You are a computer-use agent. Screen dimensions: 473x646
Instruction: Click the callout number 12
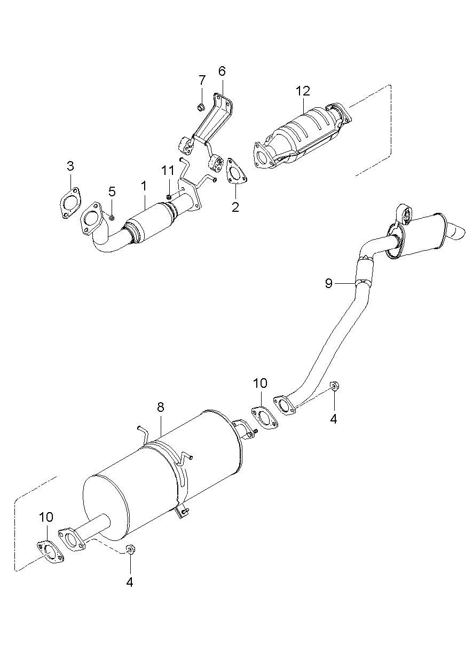coord(303,91)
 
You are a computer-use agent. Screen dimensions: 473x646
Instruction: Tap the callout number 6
coord(222,71)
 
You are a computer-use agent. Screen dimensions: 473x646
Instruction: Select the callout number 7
coord(202,80)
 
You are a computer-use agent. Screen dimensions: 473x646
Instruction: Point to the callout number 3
coord(70,166)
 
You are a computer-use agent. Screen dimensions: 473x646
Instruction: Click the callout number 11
coord(168,171)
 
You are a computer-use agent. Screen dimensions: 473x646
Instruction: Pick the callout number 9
coord(329,283)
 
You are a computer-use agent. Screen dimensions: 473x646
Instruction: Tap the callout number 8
coord(161,407)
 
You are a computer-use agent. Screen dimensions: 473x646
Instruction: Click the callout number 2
coord(235,207)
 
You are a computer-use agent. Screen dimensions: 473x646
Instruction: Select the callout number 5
coord(112,191)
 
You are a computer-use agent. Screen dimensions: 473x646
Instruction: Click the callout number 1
coord(144,186)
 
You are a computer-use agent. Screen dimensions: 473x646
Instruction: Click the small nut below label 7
coord(201,108)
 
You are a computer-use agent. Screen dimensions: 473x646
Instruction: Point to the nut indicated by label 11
coord(169,197)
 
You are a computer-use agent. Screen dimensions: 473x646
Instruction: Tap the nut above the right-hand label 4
coord(335,386)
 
